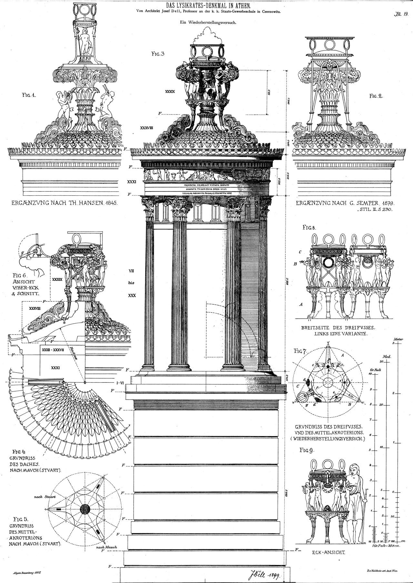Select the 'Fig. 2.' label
click(376, 96)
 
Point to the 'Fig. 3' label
click(158, 54)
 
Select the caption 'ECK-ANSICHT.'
click(328, 552)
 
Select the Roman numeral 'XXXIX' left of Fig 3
click(170, 91)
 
